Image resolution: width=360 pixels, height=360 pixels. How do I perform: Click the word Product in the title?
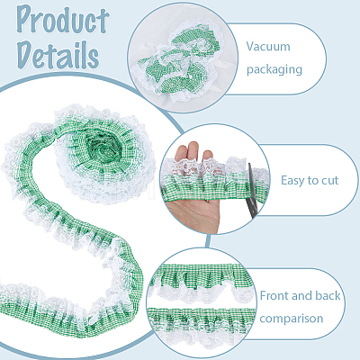[x=62, y=20]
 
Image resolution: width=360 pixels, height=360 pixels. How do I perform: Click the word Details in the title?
[x=58, y=55]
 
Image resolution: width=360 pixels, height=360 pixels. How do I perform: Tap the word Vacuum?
[x=268, y=47]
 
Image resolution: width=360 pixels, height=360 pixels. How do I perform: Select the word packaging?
[x=274, y=69]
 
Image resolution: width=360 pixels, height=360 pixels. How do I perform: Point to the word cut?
[x=330, y=181]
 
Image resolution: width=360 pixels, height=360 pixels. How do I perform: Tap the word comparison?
[x=291, y=319]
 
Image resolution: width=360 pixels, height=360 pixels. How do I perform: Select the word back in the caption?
[x=328, y=295]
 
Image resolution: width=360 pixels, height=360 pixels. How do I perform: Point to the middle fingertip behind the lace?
[x=193, y=149]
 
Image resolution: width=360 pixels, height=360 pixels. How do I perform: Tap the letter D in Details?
[x=25, y=54]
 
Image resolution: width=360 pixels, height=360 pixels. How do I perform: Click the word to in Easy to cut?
[x=313, y=181]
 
